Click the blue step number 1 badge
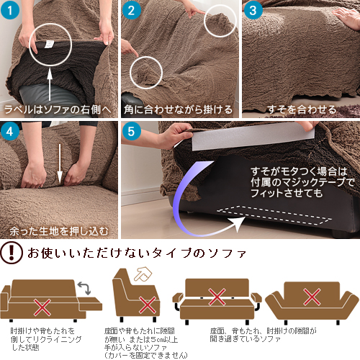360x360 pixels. [x=9, y=10]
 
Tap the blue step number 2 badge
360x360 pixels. [x=131, y=10]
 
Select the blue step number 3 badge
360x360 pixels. [x=253, y=10]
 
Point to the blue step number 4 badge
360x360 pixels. [x=9, y=131]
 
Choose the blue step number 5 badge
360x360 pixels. [x=131, y=131]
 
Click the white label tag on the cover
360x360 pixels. [x=50, y=44]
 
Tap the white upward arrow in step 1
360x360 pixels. [x=50, y=85]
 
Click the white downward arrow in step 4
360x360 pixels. [x=60, y=163]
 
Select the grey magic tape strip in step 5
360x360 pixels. [x=253, y=136]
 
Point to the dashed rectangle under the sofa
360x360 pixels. [x=274, y=215]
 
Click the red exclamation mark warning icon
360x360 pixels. [x=12, y=253]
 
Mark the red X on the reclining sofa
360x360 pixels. [x=42, y=307]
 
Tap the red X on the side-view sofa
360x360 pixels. [x=148, y=305]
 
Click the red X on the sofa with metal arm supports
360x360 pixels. [x=217, y=297]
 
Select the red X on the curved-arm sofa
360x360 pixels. [x=312, y=297]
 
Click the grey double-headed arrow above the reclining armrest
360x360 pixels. [x=84, y=288]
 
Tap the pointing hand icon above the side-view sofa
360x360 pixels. [x=143, y=274]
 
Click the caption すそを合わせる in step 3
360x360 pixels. [x=302, y=109]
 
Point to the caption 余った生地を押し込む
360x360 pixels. [x=59, y=231]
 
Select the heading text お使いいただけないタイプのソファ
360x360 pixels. [x=137, y=253]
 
